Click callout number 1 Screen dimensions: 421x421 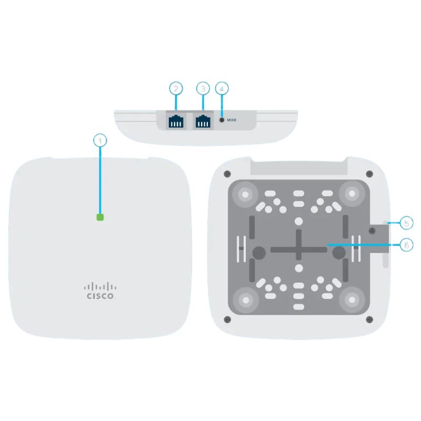(100, 141)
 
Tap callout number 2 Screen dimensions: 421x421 (176, 88)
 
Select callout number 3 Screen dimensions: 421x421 (203, 88)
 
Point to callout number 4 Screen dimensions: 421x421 (222, 88)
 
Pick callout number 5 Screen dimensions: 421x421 (406, 223)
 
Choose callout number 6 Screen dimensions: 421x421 (406, 245)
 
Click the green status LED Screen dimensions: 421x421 (100, 217)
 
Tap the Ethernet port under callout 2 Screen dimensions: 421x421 (176, 121)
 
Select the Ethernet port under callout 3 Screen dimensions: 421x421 (203, 121)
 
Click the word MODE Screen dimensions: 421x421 (232, 120)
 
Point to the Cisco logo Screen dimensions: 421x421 (100, 291)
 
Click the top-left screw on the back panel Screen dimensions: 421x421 (227, 174)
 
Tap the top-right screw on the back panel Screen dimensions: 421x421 (369, 174)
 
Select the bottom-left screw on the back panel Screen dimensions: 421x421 (227, 319)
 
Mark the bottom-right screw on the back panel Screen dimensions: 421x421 (369, 319)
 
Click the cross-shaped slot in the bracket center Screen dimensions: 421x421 (298, 249)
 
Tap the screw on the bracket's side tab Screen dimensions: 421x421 (372, 230)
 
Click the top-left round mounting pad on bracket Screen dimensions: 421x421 (245, 194)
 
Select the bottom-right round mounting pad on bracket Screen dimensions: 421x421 (352, 299)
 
